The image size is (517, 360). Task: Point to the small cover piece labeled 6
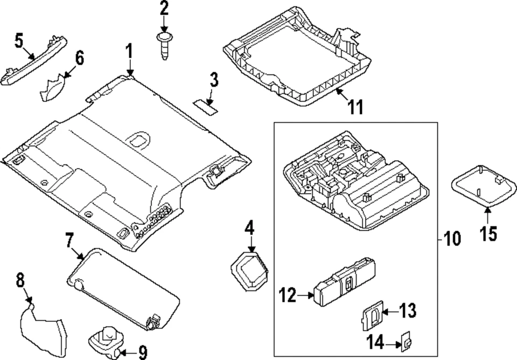point(53,88)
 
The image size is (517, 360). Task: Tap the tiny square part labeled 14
point(406,341)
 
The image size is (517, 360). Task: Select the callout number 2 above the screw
point(163,9)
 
